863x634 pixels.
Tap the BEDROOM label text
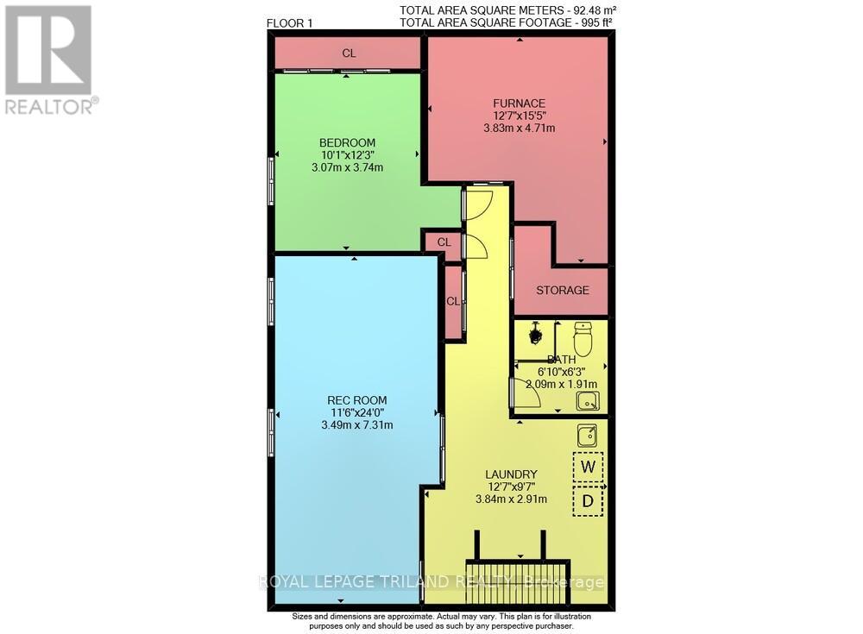(x=347, y=142)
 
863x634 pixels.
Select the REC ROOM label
(x=356, y=399)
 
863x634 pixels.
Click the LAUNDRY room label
(x=511, y=474)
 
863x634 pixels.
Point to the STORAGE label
(x=562, y=290)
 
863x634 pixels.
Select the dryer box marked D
(x=589, y=500)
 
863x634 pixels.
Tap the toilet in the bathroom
(x=583, y=338)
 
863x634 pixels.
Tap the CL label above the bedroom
(x=349, y=53)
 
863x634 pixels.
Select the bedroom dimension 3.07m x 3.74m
(x=347, y=167)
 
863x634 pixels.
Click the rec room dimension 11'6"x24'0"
(x=356, y=412)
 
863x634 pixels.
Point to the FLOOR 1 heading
(x=290, y=23)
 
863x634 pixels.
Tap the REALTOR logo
(x=48, y=60)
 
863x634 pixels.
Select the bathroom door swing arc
(x=527, y=394)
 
